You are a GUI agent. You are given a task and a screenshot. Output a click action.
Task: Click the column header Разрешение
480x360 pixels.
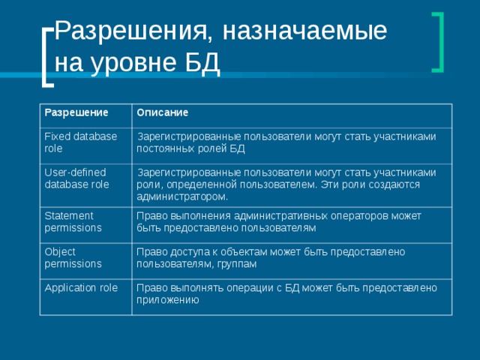pos(76,112)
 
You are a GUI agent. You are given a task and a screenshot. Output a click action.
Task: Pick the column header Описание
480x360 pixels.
pos(162,112)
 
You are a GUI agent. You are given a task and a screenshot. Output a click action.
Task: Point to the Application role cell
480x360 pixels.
pos(82,288)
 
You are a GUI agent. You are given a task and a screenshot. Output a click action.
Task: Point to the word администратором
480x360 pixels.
pos(182,196)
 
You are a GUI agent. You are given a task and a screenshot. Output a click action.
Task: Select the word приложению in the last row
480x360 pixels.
pos(167,300)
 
